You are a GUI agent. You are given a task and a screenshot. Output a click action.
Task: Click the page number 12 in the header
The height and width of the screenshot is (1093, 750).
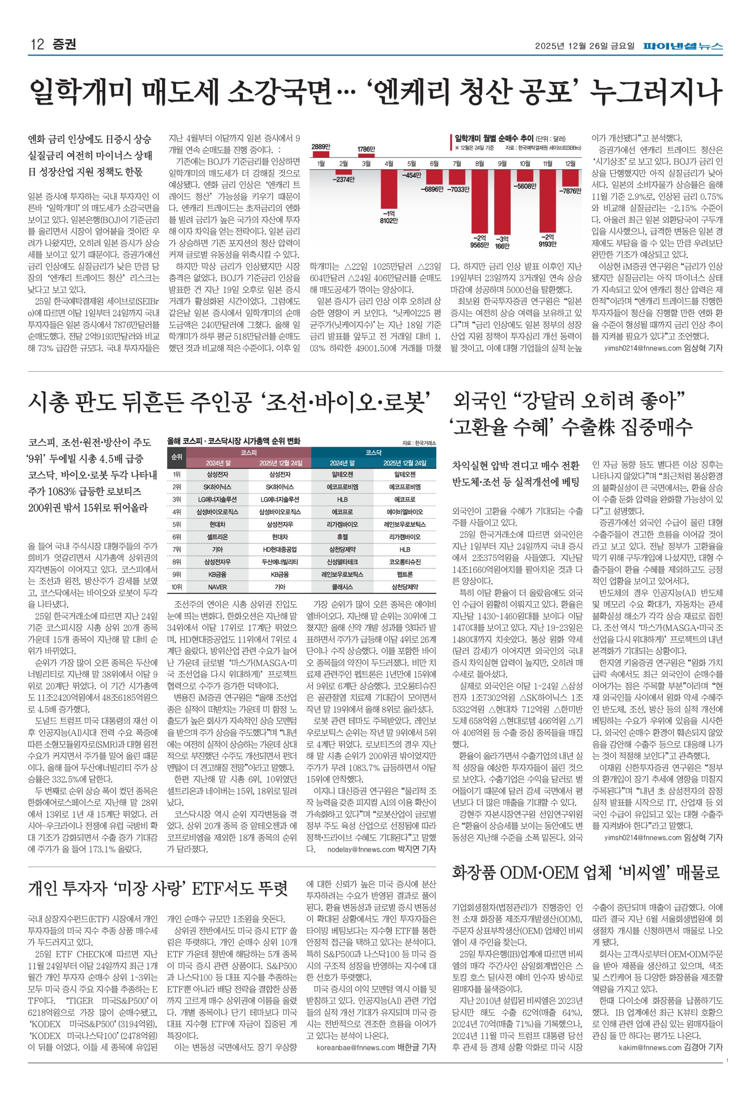click(37, 45)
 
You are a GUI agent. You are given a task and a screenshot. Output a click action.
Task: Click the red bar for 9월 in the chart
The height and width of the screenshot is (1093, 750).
click(502, 203)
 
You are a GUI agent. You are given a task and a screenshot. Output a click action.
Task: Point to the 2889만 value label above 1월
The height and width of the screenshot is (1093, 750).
click(320, 147)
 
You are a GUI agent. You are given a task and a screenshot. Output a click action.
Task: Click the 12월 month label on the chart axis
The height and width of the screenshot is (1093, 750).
click(570, 164)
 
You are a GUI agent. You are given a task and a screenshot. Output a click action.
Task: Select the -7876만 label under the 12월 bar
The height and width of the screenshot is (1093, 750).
click(570, 191)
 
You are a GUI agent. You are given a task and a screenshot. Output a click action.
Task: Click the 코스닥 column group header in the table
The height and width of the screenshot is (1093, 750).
click(374, 452)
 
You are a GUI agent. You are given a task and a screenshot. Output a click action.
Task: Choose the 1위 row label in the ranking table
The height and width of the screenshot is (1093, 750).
click(177, 474)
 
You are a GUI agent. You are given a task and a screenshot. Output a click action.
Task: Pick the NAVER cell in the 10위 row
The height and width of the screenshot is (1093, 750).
click(217, 587)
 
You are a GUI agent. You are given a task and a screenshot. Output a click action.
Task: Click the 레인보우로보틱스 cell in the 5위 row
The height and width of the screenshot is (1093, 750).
click(405, 524)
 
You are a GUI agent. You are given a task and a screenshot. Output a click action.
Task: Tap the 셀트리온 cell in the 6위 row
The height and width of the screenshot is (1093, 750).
click(217, 537)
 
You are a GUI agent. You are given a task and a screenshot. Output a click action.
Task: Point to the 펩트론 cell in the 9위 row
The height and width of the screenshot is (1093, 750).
click(405, 574)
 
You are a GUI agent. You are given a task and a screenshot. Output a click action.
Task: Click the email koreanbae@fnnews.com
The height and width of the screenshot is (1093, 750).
click(356, 1047)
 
